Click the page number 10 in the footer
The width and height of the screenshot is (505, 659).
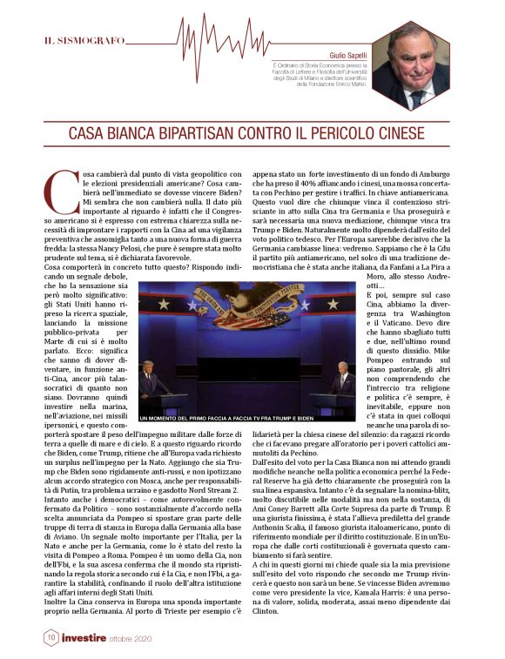50,638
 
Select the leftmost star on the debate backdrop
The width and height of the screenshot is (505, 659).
150,303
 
